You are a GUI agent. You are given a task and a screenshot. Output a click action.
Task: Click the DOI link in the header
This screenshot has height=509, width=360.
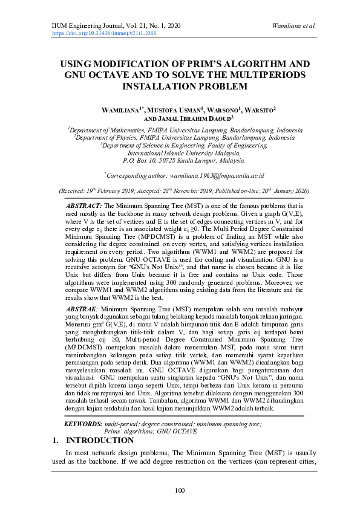click(104, 34)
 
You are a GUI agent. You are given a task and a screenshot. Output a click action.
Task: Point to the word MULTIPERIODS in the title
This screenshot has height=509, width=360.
click(263, 75)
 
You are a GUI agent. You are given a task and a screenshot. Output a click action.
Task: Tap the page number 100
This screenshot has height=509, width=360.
click(180, 490)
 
